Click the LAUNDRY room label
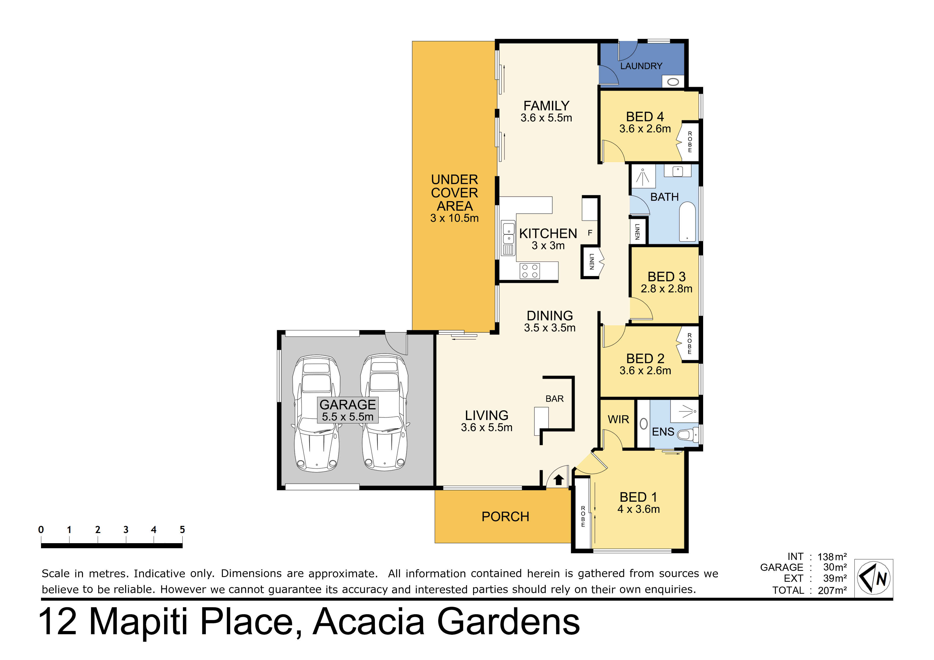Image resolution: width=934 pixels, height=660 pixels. click(x=641, y=66)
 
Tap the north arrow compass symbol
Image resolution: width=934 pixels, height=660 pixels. click(x=873, y=578)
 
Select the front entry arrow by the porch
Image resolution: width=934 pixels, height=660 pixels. click(x=559, y=480)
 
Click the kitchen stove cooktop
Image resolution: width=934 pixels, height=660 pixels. click(x=530, y=271)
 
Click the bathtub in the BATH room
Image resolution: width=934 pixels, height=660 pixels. click(x=687, y=222)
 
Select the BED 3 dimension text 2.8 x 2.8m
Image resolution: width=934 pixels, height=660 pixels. click(x=666, y=289)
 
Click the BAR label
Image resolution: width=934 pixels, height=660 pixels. click(x=554, y=399)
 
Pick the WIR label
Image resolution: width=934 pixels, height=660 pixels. click(x=618, y=419)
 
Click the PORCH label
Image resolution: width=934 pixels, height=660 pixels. click(x=505, y=517)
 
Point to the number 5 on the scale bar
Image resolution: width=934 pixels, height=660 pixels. click(x=182, y=530)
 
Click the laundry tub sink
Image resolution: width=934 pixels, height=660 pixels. click(x=673, y=82)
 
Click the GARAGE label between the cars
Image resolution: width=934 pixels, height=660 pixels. click(x=347, y=405)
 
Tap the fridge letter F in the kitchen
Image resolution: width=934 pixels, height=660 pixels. click(x=590, y=233)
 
